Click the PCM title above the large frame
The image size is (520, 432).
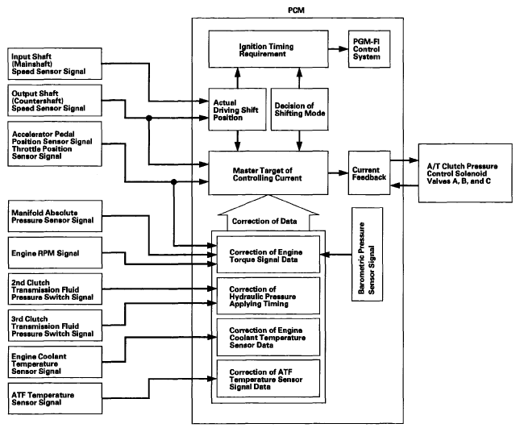click(296, 10)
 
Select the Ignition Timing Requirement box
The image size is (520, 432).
click(268, 49)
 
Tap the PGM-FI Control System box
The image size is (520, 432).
click(369, 49)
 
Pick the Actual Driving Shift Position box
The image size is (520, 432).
click(237, 109)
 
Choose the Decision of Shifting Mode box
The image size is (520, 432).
click(299, 109)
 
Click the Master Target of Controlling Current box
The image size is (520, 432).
click(268, 172)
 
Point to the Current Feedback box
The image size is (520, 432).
click(369, 172)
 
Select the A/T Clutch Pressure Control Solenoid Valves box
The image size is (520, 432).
click(465, 173)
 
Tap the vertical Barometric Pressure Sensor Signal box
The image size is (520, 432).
click(367, 255)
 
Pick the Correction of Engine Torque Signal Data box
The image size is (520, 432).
click(268, 255)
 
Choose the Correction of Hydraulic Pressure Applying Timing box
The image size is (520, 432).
click(268, 296)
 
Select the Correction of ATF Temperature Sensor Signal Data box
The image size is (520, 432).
click(268, 378)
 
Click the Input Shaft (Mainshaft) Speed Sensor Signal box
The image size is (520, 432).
click(55, 64)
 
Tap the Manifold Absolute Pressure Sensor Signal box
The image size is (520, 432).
click(55, 216)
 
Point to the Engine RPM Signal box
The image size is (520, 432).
click(55, 252)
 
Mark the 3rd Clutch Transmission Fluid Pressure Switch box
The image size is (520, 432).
click(55, 326)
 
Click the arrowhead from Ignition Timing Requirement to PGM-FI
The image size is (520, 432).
click(343, 49)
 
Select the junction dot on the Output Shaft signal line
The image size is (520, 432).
click(149, 118)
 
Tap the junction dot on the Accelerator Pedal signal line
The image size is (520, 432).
click(173, 181)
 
